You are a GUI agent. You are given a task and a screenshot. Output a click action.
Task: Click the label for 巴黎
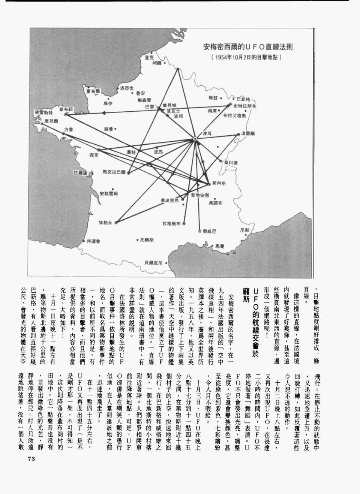coord(150,107)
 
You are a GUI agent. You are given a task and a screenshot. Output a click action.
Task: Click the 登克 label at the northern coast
coord(149,57)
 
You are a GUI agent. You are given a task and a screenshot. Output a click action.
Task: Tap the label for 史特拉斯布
coord(245,106)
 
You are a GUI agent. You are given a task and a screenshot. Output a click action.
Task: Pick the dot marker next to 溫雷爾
coord(238,134)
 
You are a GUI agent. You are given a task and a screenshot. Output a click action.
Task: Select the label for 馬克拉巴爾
coord(114,172)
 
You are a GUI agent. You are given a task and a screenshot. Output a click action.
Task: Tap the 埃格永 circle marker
coord(116,223)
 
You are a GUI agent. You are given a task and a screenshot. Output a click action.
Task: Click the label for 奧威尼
coord(209,231)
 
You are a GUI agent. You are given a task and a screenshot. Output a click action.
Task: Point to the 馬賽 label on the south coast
coord(219,246)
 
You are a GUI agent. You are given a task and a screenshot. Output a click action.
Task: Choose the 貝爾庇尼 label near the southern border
coord(154,263)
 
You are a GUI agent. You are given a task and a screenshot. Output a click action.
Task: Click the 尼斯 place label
coord(244,230)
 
